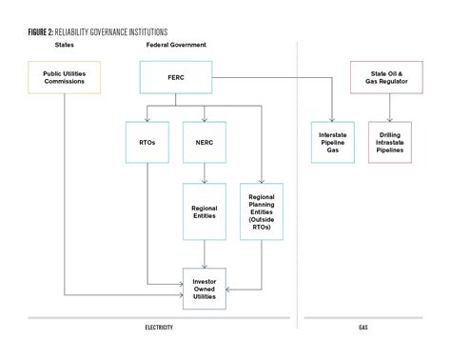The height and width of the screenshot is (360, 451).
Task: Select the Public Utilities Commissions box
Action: click(x=64, y=77)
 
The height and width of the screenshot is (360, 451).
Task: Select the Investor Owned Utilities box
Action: click(x=204, y=289)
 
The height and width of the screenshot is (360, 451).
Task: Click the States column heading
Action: click(x=64, y=45)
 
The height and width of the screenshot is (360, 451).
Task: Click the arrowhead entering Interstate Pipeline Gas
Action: click(x=332, y=118)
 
